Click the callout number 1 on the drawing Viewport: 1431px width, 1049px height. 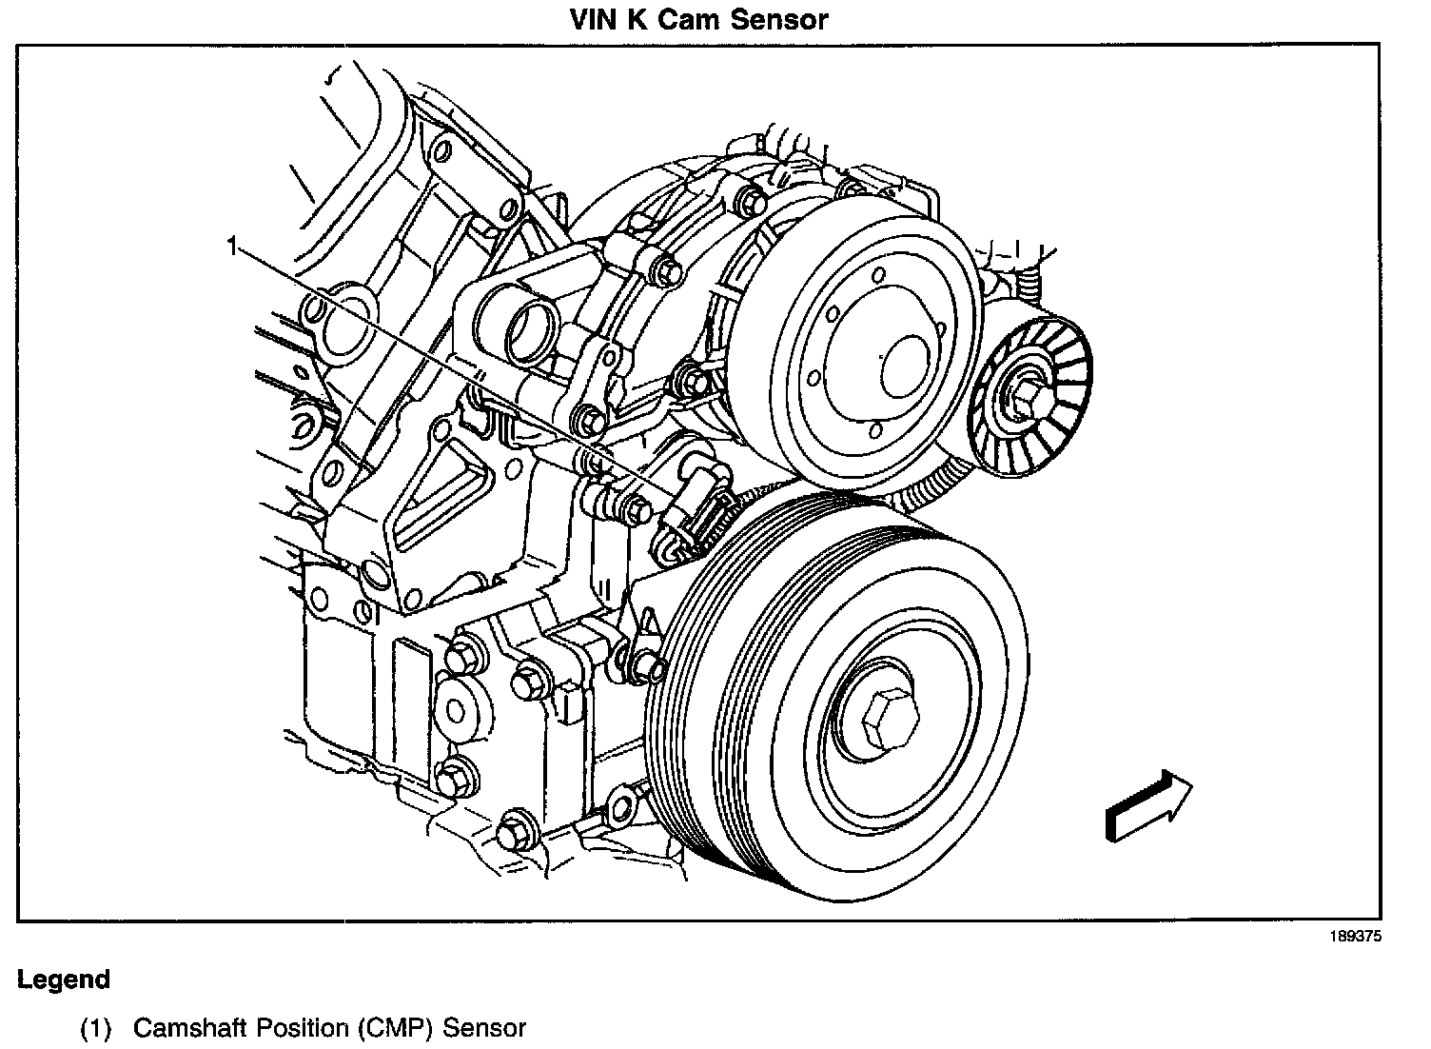[x=231, y=247]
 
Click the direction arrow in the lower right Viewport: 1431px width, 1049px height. [x=1147, y=806]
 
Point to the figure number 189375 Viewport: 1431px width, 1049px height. [x=1355, y=937]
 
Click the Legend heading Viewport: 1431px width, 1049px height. [x=64, y=980]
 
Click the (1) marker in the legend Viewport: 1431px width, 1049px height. [x=95, y=1028]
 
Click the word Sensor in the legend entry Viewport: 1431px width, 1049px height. [x=484, y=1028]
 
